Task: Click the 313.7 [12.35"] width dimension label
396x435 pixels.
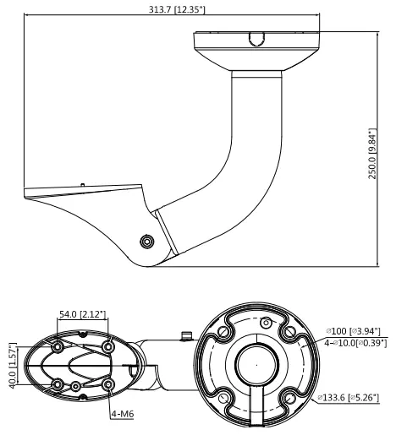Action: [177, 9]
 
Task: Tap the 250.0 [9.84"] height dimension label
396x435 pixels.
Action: [372, 154]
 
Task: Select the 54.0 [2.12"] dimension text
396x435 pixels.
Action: [83, 314]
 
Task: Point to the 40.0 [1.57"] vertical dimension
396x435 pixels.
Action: [13, 366]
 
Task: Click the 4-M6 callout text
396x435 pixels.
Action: [123, 414]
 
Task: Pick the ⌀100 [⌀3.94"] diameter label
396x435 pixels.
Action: [354, 331]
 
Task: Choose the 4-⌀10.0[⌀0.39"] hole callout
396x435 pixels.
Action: [355, 343]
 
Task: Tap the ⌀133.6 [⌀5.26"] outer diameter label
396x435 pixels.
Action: [349, 398]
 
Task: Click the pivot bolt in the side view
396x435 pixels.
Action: [147, 242]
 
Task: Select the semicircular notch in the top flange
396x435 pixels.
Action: [256, 39]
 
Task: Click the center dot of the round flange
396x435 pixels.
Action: [256, 365]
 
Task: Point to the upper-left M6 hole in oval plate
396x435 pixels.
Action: [58, 346]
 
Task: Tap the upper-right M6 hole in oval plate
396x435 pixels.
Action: [108, 346]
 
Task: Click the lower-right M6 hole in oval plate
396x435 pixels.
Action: [108, 384]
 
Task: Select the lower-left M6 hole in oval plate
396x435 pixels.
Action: [58, 384]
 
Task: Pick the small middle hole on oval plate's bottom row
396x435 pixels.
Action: [75, 386]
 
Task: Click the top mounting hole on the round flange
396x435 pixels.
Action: [266, 323]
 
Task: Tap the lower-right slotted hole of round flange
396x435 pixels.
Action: [289, 398]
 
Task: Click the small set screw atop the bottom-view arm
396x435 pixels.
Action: [186, 335]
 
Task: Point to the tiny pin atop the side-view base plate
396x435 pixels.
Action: [83, 185]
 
